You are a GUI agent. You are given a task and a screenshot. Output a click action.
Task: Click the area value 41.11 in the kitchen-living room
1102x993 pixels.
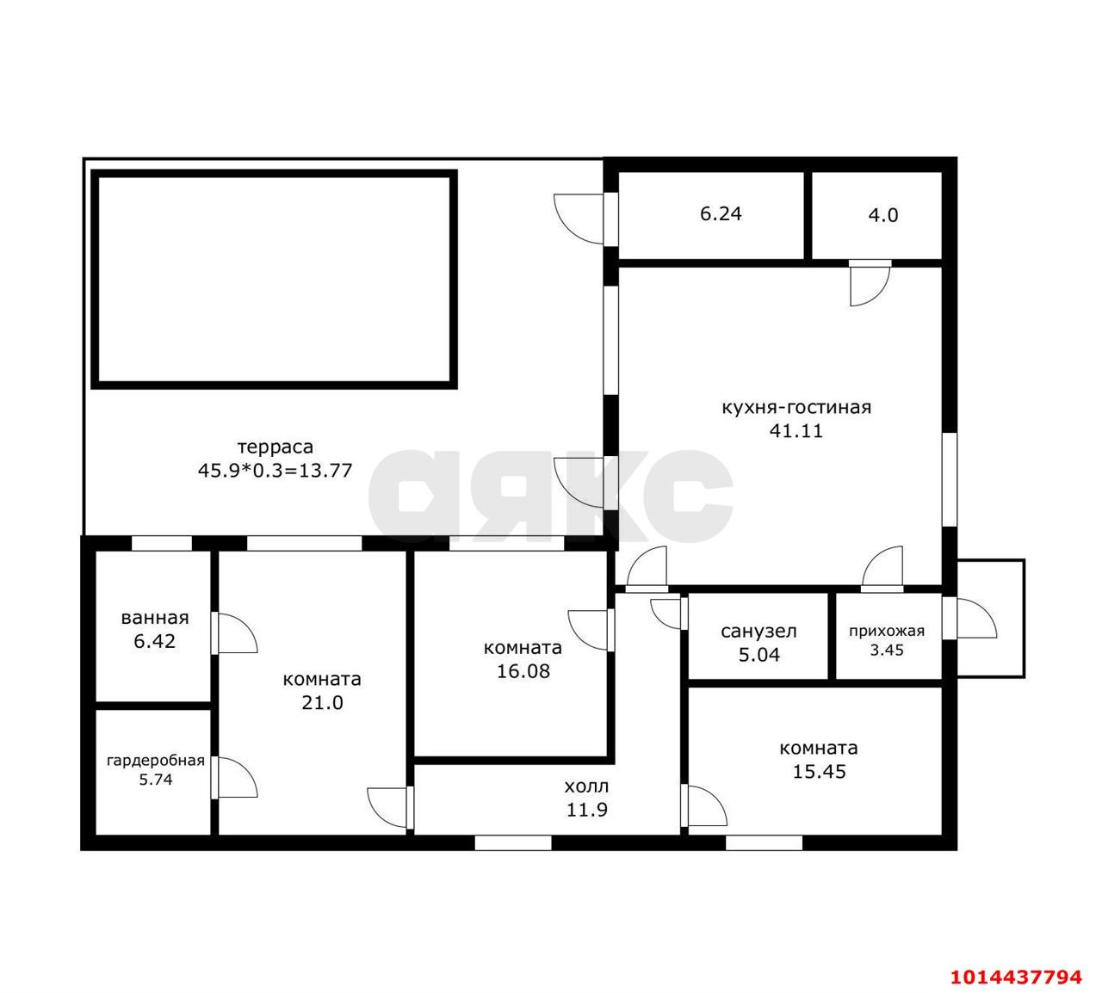point(796,431)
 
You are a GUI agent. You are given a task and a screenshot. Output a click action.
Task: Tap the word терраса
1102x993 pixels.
point(275,447)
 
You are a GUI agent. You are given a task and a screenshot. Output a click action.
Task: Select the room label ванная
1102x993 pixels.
point(155,618)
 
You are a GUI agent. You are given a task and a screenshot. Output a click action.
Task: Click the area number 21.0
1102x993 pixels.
point(323,703)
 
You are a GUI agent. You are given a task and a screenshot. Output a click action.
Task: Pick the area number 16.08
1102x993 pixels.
point(523,671)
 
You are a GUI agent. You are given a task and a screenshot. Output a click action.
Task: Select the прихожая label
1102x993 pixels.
point(887,632)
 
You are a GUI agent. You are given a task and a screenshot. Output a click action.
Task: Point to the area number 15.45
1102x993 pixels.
point(819,772)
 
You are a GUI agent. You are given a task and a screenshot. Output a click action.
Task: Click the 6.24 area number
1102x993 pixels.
point(721,213)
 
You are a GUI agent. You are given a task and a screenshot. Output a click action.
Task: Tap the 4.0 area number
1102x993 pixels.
point(883,215)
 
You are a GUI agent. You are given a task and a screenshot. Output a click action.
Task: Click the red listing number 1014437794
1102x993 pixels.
point(1016,977)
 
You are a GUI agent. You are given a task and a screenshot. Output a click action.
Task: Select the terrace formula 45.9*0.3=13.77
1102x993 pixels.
point(275,471)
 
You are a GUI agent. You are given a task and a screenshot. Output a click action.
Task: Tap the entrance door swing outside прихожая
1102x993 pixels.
point(977,618)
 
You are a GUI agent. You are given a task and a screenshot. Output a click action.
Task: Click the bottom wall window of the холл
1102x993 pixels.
point(513,843)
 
